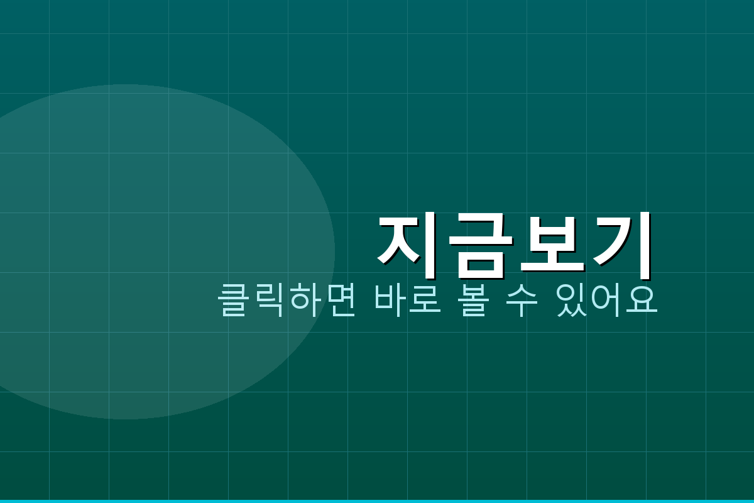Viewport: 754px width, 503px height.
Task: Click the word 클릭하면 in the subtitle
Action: click(287, 301)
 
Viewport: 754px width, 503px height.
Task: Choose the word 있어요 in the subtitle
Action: click(607, 301)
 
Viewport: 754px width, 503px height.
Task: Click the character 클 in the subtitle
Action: click(234, 301)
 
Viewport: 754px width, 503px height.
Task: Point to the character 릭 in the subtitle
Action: click(269, 301)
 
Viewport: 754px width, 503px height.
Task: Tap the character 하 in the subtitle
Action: click(305, 301)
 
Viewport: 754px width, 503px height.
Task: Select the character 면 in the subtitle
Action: click(340, 301)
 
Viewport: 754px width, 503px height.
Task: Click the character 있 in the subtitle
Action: click(572, 301)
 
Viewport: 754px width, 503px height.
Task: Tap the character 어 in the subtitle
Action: click(607, 301)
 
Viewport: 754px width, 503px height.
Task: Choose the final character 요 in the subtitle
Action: click(642, 301)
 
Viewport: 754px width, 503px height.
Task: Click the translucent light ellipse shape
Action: click(126, 251)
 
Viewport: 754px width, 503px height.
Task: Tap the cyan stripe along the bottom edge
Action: click(377, 501)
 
